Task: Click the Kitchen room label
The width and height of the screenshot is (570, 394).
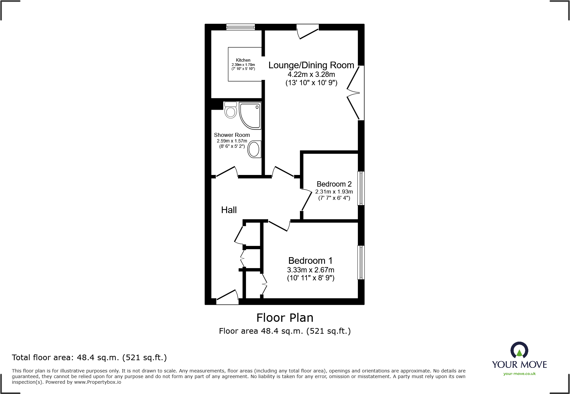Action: point(243,60)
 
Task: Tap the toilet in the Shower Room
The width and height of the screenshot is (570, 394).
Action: point(231,110)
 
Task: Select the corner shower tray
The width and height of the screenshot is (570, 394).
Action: point(250,115)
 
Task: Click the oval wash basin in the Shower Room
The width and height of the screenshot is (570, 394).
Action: point(254,149)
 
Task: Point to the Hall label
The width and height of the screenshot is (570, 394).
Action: point(229,210)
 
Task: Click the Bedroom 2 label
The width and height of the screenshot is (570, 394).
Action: point(334,184)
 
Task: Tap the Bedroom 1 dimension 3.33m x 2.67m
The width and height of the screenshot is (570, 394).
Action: point(310,270)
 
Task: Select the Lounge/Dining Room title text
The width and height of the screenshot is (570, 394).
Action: point(311,65)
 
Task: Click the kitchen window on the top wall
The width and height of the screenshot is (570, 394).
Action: point(241,27)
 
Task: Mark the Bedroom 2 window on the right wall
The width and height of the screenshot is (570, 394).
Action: point(361,188)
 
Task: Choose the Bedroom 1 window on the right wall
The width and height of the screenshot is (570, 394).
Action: point(361,262)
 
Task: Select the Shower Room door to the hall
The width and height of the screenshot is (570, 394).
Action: point(226,172)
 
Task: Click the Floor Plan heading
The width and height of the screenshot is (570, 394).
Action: point(285,318)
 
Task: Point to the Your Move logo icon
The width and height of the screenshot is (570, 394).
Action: point(519,350)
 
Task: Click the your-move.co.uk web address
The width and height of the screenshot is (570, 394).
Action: point(519,374)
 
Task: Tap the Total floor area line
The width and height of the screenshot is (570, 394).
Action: point(89,358)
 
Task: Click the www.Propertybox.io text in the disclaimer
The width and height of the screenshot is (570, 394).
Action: point(98,382)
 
